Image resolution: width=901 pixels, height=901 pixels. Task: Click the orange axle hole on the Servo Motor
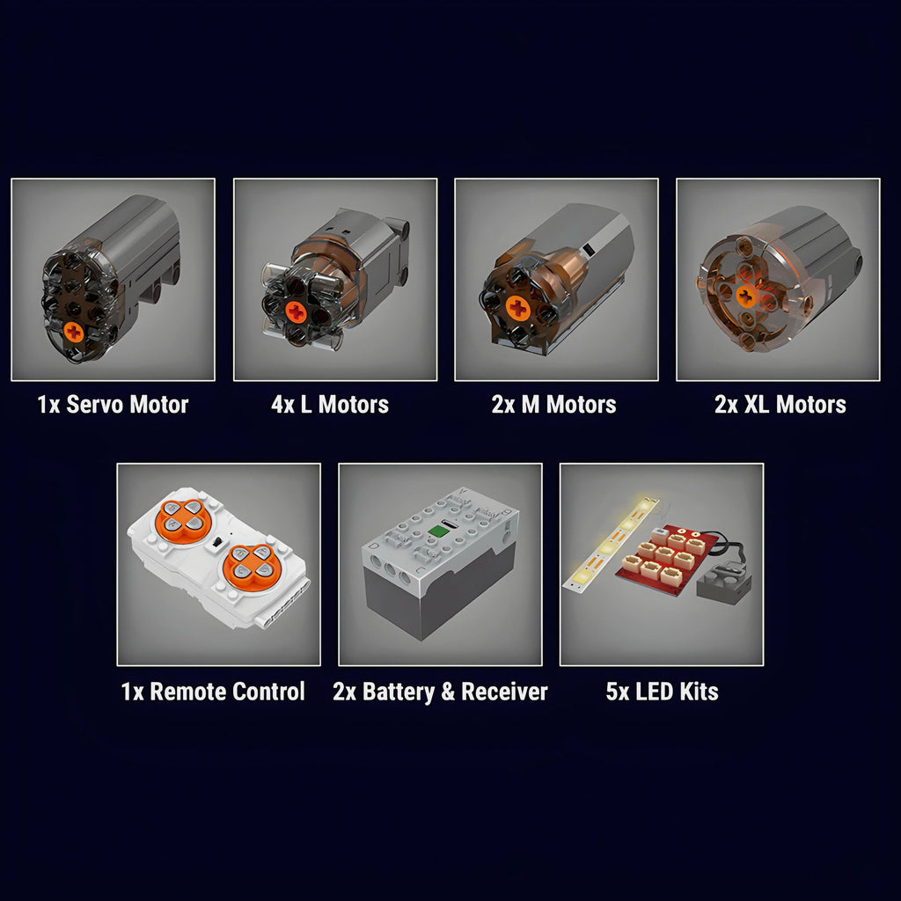tap(74, 331)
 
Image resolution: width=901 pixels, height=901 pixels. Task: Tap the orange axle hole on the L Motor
tap(296, 312)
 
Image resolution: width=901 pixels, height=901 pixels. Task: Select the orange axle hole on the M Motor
tap(517, 309)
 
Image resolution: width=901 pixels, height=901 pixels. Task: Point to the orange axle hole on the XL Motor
tap(746, 297)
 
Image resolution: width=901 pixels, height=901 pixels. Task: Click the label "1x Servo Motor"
tap(113, 405)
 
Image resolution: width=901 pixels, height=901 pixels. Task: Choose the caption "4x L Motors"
tap(330, 405)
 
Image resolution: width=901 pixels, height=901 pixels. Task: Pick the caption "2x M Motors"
tap(554, 405)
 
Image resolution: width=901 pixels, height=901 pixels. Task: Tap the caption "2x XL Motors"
tap(780, 405)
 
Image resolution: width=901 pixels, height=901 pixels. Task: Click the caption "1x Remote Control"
tap(213, 692)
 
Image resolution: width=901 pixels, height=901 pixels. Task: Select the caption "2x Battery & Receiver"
tap(440, 692)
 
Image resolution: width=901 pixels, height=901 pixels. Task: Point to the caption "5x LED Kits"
tap(662, 692)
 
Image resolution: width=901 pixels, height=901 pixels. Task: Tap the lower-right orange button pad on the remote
tap(252, 566)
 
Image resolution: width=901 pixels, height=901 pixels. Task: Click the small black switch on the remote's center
tap(218, 542)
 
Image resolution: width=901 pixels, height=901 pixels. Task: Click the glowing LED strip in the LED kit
tap(612, 544)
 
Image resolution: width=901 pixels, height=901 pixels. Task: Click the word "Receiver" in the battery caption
tap(504, 692)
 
